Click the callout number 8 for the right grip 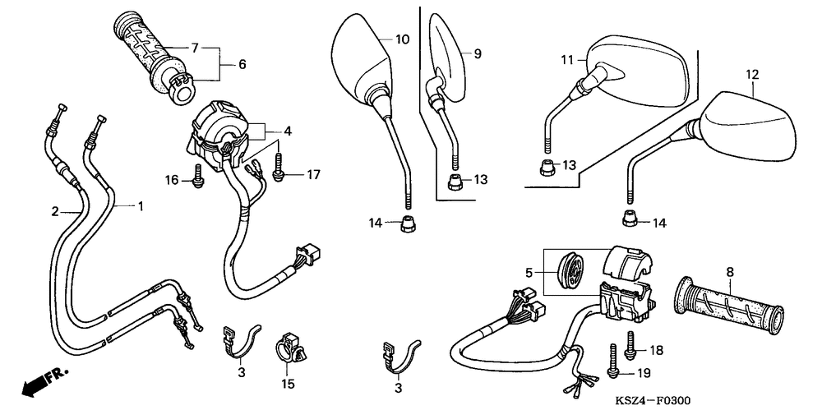click(x=730, y=272)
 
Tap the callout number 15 click(x=288, y=384)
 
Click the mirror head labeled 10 click(x=361, y=53)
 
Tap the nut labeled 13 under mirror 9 click(x=454, y=181)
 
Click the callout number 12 click(x=751, y=75)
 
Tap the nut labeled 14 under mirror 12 click(x=629, y=219)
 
